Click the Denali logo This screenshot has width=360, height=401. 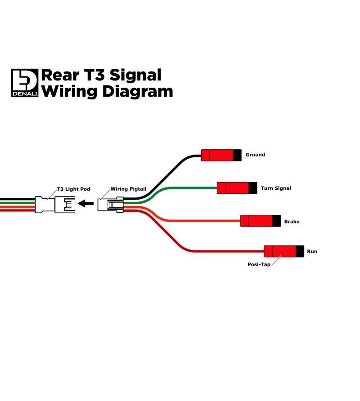pyautogui.click(x=25, y=83)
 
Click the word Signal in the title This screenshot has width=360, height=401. pyautogui.click(x=135, y=76)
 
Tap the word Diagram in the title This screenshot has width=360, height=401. pyautogui.click(x=138, y=92)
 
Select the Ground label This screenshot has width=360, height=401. pyautogui.click(x=255, y=155)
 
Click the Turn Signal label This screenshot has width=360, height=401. pyautogui.click(x=276, y=188)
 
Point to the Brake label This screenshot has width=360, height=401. pyautogui.click(x=292, y=222)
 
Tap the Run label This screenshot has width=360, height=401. pyautogui.click(x=312, y=251)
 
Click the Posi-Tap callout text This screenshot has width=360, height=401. pyautogui.click(x=259, y=264)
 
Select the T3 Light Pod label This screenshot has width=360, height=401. pyautogui.click(x=73, y=189)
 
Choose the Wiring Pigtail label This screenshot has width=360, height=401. pyautogui.click(x=128, y=189)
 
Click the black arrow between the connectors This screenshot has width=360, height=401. pyautogui.click(x=85, y=204)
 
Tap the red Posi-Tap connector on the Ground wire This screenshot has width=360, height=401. pyautogui.click(x=221, y=155)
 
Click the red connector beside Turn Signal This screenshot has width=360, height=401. pyautogui.click(x=237, y=188)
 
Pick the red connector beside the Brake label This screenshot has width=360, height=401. pyautogui.click(x=261, y=221)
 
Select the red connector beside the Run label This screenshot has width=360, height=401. pyautogui.click(x=284, y=251)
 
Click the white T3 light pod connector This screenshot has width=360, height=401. pyautogui.click(x=55, y=205)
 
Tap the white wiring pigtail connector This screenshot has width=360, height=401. pyautogui.click(x=111, y=205)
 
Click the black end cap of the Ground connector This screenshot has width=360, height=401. pyautogui.click(x=237, y=155)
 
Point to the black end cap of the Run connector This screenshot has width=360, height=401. pyautogui.click(x=300, y=251)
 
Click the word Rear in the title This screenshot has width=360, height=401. pyautogui.click(x=60, y=76)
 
